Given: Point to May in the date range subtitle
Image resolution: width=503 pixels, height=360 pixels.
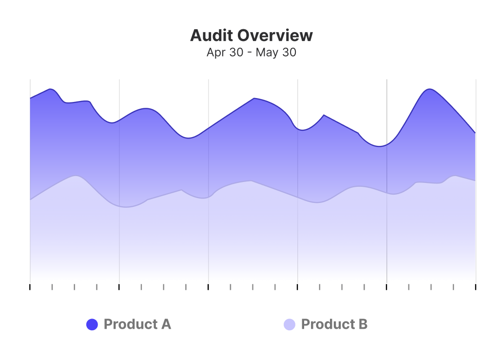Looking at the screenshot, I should click(266, 53).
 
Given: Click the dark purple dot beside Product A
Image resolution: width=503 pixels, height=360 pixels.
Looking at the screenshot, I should click(92, 324).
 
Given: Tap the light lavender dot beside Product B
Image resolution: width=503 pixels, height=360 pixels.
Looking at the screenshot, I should click(290, 324).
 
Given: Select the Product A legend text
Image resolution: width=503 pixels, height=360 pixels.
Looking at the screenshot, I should click(137, 324).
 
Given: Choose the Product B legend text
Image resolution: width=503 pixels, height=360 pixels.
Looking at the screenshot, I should click(334, 324).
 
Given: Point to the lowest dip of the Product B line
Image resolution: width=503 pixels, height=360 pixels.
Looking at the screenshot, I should click(126, 207).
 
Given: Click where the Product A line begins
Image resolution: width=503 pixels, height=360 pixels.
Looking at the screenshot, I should click(30, 98).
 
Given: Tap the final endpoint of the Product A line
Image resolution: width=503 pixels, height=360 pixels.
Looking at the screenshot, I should click(475, 133).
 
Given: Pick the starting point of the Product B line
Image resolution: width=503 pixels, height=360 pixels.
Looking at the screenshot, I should click(30, 200).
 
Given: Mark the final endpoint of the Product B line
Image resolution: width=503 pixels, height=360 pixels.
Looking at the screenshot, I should click(475, 181).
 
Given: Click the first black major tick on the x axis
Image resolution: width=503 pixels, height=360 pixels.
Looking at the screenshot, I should click(30, 287).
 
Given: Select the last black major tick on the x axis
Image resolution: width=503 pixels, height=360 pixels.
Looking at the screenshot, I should click(476, 287).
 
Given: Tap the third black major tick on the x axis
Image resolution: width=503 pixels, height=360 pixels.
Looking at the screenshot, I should click(209, 287).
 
